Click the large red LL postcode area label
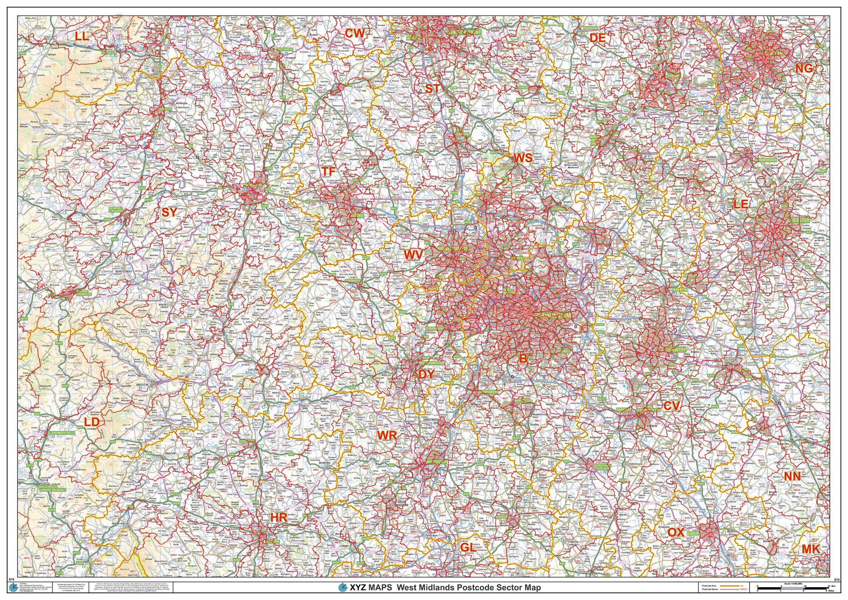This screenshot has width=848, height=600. coord(82,37)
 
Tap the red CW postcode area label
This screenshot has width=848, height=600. coord(355,34)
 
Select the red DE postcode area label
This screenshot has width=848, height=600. coord(597,37)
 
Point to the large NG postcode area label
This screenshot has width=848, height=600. coord(804,68)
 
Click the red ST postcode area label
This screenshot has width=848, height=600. coord(433,88)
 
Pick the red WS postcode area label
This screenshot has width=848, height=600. coord(523,158)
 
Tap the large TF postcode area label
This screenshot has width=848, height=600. coord(328,171)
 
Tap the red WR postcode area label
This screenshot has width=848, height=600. coord(387,435)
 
